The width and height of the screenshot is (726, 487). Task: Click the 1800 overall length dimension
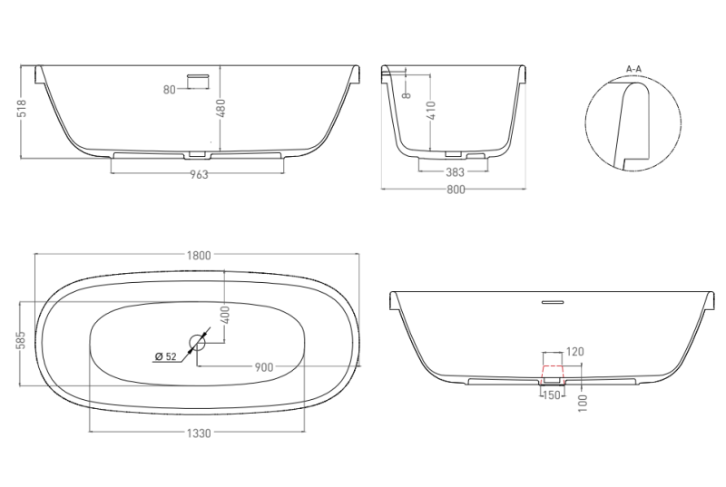point(199,256)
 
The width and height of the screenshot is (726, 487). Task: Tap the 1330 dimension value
point(199,433)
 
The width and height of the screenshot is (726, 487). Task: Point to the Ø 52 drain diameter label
point(166,356)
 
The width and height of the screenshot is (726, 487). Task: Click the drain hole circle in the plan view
point(197,343)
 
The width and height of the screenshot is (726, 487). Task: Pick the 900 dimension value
point(264,367)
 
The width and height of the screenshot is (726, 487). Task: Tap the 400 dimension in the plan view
point(225,315)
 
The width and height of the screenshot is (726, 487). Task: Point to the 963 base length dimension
point(199,174)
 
